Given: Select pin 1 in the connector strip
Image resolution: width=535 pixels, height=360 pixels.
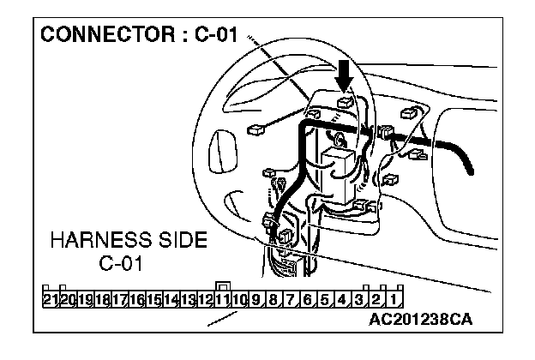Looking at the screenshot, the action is click(392, 299).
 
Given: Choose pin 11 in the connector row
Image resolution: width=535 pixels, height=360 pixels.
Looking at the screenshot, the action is click(222, 299).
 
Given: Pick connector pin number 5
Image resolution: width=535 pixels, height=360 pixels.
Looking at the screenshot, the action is click(325, 299).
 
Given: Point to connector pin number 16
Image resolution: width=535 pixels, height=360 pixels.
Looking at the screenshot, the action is click(136, 299).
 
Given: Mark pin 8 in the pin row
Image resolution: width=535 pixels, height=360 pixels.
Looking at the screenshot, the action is click(274, 299).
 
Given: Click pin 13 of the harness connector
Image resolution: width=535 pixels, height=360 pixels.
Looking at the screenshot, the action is click(188, 299).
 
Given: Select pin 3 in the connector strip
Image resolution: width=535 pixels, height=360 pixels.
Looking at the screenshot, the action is click(359, 299).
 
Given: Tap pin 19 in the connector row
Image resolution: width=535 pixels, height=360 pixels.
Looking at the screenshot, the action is click(85, 299).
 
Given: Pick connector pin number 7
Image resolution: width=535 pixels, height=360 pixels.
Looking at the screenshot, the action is click(291, 299).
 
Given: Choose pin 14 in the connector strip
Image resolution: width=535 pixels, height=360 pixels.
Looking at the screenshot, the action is click(171, 299).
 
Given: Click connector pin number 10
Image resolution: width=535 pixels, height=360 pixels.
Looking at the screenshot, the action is click(239, 299).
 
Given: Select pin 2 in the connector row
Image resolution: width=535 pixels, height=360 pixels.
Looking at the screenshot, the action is click(376, 299).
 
